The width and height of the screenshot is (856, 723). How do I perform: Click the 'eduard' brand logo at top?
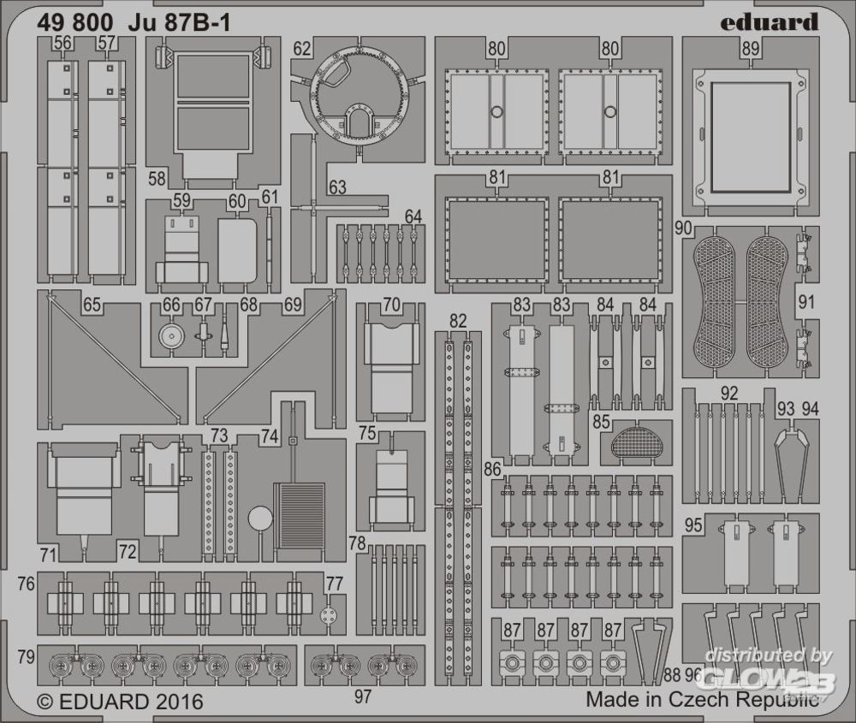[770, 22]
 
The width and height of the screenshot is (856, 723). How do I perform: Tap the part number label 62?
[302, 49]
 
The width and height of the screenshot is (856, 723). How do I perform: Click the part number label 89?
[752, 49]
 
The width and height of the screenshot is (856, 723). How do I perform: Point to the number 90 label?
[683, 228]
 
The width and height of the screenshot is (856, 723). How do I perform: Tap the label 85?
[601, 422]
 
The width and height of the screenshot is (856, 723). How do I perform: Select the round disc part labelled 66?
[172, 336]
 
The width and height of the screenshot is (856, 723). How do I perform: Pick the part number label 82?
[458, 321]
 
